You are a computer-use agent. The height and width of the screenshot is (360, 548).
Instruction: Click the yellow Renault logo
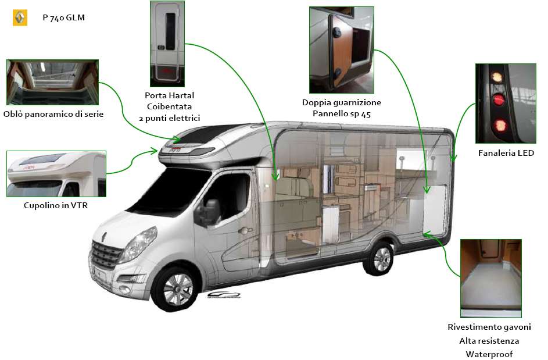point(20,17)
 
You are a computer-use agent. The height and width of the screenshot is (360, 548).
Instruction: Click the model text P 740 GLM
point(63,18)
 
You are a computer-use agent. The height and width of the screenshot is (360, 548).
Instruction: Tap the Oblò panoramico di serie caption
point(53,114)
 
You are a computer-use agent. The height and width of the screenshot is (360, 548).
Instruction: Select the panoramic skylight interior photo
point(52,82)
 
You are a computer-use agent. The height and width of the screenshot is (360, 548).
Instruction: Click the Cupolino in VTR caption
point(56,205)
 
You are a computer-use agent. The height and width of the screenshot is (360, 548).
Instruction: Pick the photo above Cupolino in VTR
point(56,174)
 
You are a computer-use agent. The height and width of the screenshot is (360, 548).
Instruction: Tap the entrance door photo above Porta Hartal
point(167,44)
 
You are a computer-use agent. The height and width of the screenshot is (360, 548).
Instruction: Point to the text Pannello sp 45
point(342,114)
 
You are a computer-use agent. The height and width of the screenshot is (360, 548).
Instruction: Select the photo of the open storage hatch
point(342,50)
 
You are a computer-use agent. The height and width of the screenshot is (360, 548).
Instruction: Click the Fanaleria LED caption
point(506,153)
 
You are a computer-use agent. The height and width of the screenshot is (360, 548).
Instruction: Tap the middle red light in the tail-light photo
point(497,99)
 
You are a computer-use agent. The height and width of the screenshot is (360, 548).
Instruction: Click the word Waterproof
point(489,354)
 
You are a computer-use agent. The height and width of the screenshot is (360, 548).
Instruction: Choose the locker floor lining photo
point(490,279)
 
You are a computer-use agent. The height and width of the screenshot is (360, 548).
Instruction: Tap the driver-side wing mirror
point(209,213)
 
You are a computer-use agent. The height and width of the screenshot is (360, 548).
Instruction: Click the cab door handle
point(245,230)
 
